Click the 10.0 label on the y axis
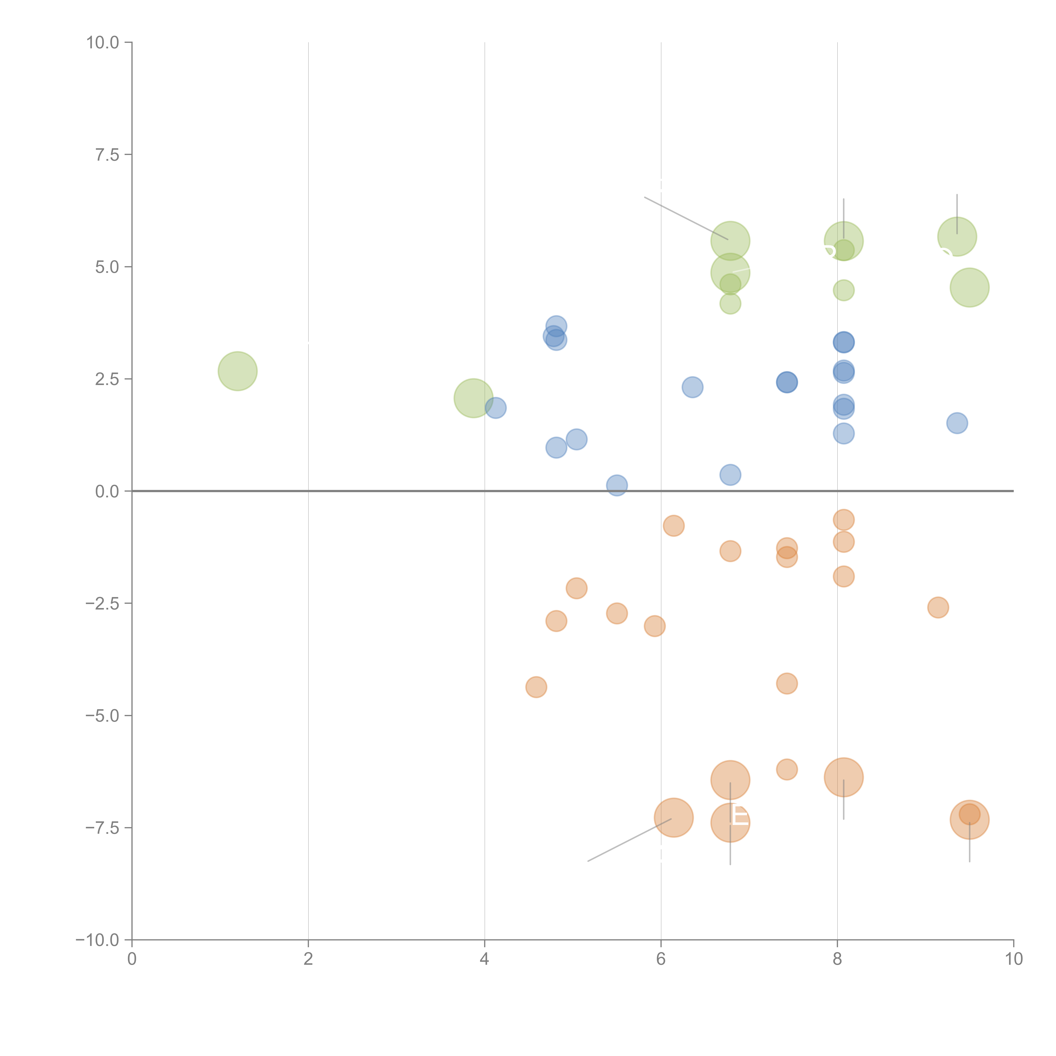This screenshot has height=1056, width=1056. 103,43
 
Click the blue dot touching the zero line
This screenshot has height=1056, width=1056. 616,485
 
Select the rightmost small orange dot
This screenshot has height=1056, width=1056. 938,607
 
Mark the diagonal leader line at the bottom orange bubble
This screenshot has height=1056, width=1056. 629,840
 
